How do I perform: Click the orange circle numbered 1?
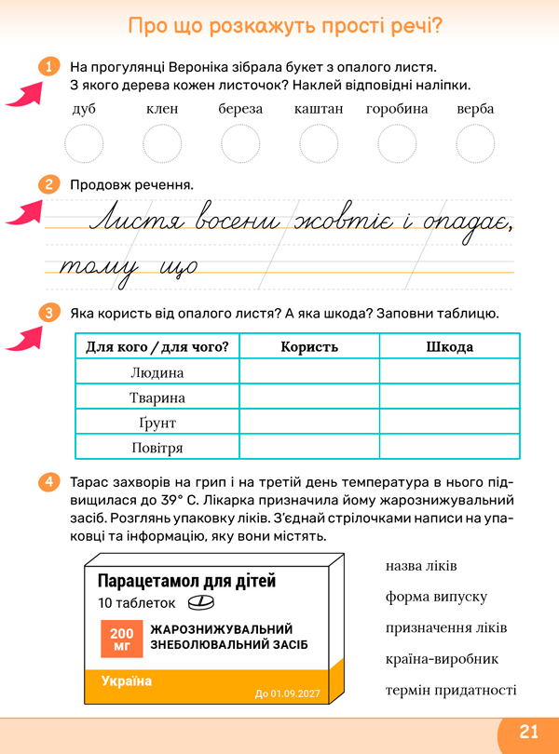46,67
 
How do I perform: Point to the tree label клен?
162,110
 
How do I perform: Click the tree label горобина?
397,110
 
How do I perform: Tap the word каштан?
319,110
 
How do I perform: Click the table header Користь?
309,347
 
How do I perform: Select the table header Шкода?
449,347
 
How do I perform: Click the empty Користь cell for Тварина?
309,397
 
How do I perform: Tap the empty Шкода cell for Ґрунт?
449,423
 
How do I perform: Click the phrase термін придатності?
451,690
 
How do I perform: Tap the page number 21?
528,732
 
